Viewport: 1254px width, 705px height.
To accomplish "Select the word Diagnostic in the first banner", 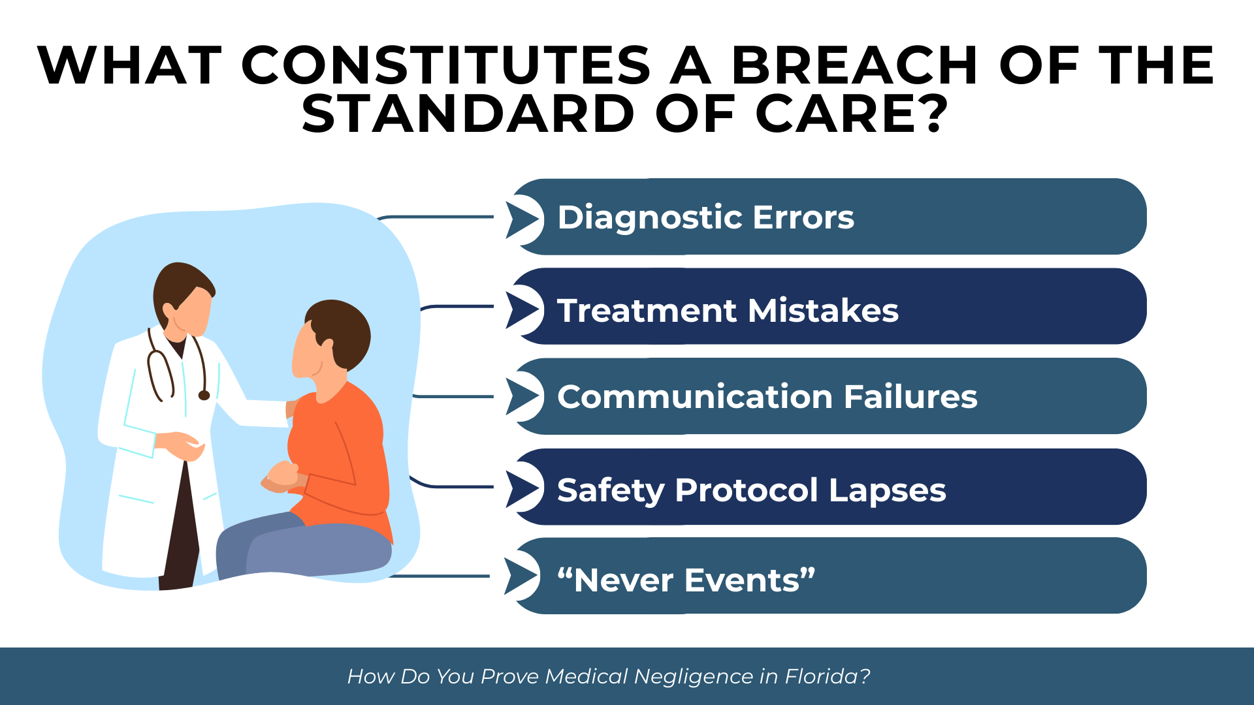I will (x=649, y=217).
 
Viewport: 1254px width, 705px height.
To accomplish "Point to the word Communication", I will (x=695, y=397).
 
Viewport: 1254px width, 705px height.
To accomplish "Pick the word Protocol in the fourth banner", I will (x=746, y=490).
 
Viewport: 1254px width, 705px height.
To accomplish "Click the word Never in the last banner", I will (x=624, y=580).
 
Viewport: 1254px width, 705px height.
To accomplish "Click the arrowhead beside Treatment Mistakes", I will (x=522, y=309).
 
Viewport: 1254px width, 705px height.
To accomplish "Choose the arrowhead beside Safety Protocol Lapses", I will (x=522, y=488).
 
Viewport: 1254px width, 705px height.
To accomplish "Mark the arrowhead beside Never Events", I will (x=521, y=576).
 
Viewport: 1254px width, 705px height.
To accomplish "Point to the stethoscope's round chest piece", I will (x=204, y=395).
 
